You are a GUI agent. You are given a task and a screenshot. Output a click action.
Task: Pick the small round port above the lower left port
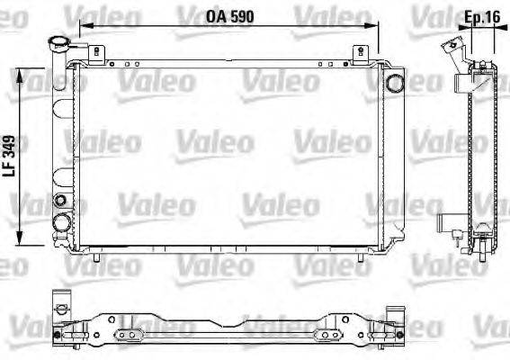tap(60, 200)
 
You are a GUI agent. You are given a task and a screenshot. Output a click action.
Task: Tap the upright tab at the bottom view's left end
tap(60, 301)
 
